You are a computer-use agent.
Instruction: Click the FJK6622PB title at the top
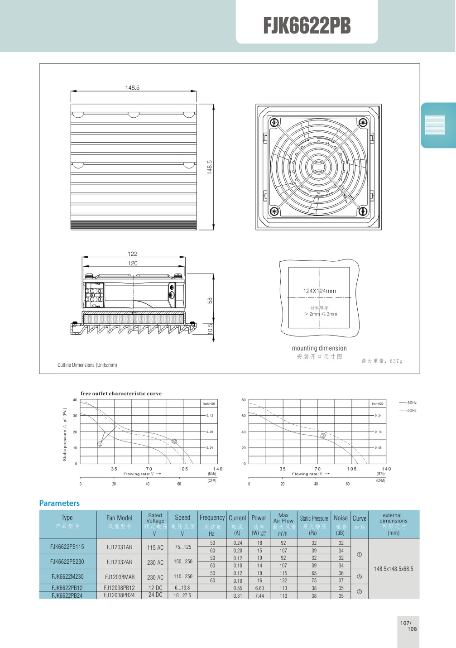[x=307, y=26]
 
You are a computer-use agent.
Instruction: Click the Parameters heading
[x=59, y=503]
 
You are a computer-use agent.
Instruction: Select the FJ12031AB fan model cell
[x=119, y=547]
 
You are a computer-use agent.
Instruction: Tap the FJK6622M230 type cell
[x=67, y=576]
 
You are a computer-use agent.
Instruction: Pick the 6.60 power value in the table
[x=259, y=588]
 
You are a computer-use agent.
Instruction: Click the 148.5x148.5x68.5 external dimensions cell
[x=394, y=569]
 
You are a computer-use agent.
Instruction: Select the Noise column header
[x=341, y=518]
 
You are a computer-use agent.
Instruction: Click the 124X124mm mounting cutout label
[x=319, y=291]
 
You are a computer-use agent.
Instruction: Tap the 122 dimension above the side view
[x=132, y=254]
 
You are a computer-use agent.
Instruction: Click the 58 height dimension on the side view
[x=210, y=300]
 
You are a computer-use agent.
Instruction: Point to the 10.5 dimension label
[x=210, y=329]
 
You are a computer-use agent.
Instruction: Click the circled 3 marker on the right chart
[x=323, y=436]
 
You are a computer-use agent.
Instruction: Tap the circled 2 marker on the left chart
[x=174, y=441]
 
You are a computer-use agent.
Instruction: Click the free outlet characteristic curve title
[x=121, y=394]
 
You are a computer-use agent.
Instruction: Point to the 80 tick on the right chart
[x=244, y=400]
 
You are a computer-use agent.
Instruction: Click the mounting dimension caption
[x=319, y=348]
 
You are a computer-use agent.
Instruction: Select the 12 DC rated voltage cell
[x=155, y=588]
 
